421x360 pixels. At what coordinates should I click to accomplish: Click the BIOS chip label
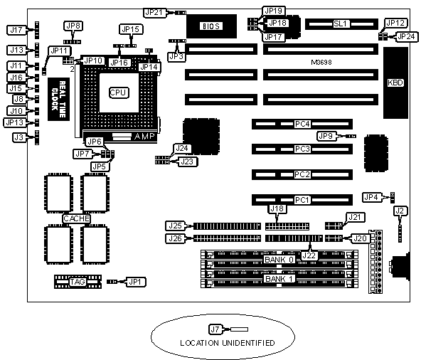click(x=211, y=26)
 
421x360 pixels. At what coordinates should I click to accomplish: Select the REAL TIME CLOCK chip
click(x=58, y=99)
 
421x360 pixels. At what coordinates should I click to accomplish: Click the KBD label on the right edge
click(x=395, y=83)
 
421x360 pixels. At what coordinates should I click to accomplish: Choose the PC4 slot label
click(x=302, y=124)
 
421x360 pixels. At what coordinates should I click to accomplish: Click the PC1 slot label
click(x=302, y=200)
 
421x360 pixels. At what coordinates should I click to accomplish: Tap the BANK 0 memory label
click(x=279, y=260)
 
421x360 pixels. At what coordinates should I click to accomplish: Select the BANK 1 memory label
click(x=279, y=279)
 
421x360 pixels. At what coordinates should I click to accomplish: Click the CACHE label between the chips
click(x=76, y=218)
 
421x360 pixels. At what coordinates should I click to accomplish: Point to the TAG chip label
click(x=78, y=282)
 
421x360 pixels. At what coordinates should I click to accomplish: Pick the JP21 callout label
click(x=154, y=12)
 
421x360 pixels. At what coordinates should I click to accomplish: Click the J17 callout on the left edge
click(x=16, y=30)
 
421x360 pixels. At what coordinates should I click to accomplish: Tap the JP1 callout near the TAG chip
click(x=136, y=282)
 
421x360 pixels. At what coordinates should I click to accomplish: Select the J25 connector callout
click(x=176, y=226)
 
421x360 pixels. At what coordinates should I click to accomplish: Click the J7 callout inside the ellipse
click(x=215, y=329)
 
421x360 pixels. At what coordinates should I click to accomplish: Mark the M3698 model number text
click(x=321, y=63)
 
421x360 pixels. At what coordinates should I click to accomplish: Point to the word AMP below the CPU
click(x=144, y=136)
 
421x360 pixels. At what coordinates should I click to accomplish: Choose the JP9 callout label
click(x=326, y=136)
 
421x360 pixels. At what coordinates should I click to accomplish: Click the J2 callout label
click(x=400, y=211)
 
